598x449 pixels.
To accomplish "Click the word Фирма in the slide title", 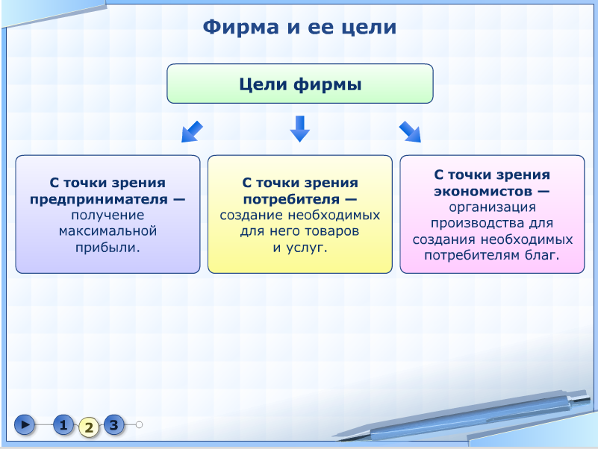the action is pyautogui.click(x=240, y=28).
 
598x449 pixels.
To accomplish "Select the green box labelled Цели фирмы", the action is pyautogui.click(x=300, y=84).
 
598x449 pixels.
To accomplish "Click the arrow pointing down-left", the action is pyautogui.click(x=192, y=131).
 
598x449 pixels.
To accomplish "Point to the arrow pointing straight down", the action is pyautogui.click(x=300, y=129).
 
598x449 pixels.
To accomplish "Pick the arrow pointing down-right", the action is pyautogui.click(x=410, y=132).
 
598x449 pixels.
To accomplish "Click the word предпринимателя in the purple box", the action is pyautogui.click(x=99, y=199).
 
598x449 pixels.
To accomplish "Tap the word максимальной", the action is pyautogui.click(x=108, y=231).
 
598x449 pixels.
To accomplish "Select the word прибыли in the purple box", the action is pyautogui.click(x=106, y=248).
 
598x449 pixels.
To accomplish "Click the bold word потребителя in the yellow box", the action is pyautogui.click(x=291, y=199).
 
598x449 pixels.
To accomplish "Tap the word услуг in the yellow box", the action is pyautogui.click(x=305, y=248).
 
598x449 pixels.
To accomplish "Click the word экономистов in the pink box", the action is pyautogui.click(x=483, y=191).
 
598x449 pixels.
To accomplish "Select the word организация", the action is pyautogui.click(x=492, y=207).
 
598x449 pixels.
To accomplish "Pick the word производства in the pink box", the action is pyautogui.click(x=478, y=223).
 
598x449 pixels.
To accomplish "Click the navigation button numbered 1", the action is pyautogui.click(x=63, y=424).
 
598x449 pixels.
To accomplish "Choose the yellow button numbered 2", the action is pyautogui.click(x=89, y=427).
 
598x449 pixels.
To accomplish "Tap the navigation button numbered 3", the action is pyautogui.click(x=114, y=424).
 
